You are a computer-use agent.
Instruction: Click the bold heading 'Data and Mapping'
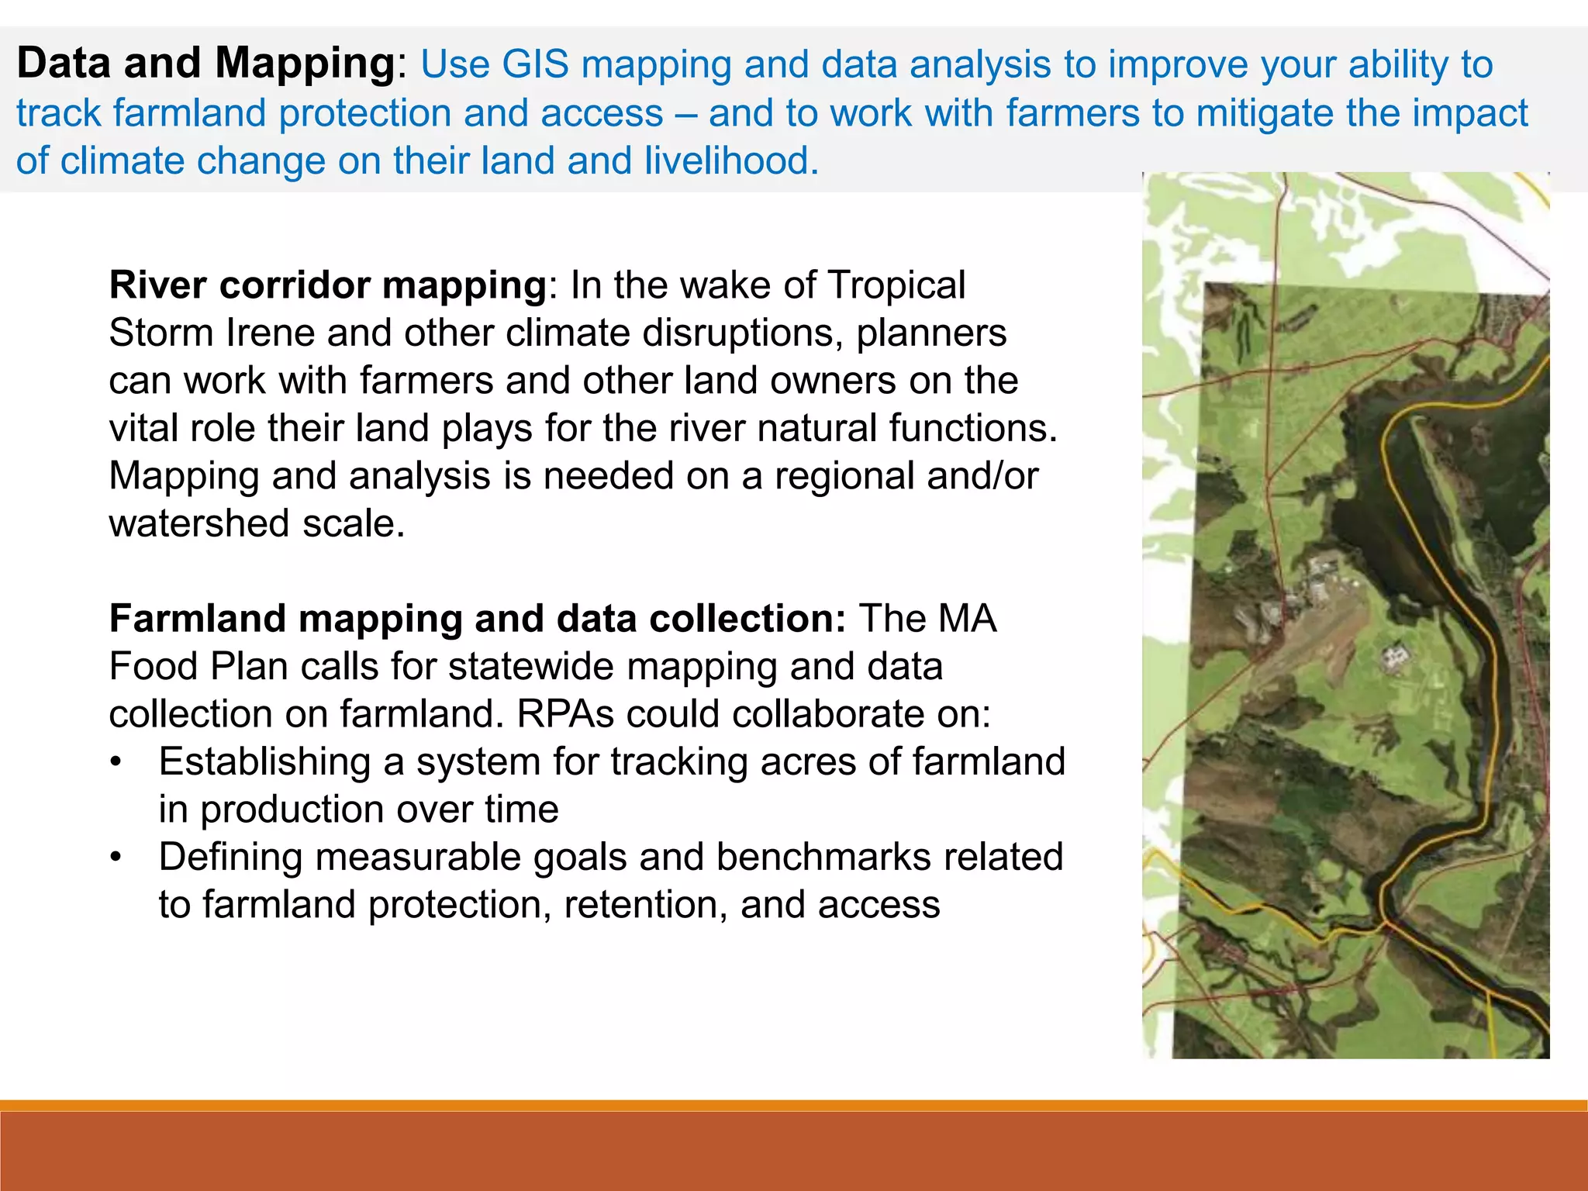click(206, 64)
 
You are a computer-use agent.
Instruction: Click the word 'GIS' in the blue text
click(535, 64)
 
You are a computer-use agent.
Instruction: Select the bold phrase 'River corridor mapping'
click(328, 285)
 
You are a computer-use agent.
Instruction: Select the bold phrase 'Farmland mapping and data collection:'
click(477, 619)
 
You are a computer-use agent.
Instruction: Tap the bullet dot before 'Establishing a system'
click(116, 762)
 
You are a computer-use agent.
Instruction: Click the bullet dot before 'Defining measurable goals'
click(116, 858)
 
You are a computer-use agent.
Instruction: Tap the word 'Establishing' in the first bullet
click(264, 762)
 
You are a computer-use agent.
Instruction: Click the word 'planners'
click(931, 333)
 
